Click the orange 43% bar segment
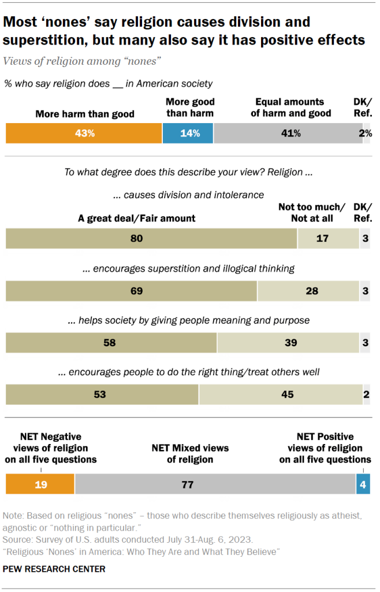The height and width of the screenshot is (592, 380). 84,134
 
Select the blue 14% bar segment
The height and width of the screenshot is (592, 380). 188,134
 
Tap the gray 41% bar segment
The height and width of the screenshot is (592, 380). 288,134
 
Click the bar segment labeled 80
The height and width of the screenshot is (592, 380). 151,238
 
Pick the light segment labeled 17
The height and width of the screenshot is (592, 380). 328,238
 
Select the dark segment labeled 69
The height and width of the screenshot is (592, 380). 131,291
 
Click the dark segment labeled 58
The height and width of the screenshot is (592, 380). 111,342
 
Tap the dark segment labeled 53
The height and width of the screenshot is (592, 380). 102,394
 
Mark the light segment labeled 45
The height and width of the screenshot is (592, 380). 281,394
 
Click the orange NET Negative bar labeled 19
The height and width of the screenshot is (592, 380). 40,484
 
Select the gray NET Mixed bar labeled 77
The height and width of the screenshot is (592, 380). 215,484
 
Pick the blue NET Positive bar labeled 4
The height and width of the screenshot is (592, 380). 363,484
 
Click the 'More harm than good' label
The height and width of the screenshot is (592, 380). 85,114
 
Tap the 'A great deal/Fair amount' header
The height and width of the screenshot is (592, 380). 137,218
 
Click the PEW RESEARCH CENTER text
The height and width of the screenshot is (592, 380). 54,569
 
